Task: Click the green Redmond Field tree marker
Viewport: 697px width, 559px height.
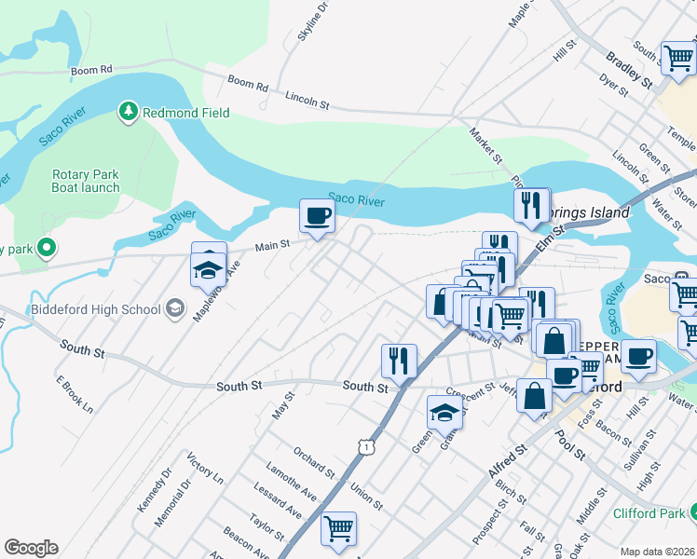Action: tap(128, 113)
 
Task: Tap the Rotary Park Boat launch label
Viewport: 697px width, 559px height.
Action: tap(86, 181)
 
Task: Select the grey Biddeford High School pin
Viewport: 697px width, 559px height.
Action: tap(174, 309)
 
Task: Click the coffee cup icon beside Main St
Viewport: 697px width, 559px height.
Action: tap(317, 217)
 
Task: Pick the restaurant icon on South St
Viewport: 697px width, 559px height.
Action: tap(399, 361)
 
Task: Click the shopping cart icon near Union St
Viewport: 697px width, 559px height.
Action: tap(338, 528)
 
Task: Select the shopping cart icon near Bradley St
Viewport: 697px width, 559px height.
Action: tap(678, 58)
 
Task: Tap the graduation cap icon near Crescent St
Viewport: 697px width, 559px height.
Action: tap(444, 413)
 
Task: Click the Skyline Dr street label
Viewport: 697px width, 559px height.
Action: tap(313, 21)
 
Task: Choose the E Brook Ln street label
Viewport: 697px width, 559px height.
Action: tap(75, 395)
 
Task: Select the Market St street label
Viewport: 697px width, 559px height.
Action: tap(485, 144)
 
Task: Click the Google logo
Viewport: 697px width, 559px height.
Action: tap(31, 548)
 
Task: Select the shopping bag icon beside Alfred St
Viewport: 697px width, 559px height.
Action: tap(534, 395)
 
